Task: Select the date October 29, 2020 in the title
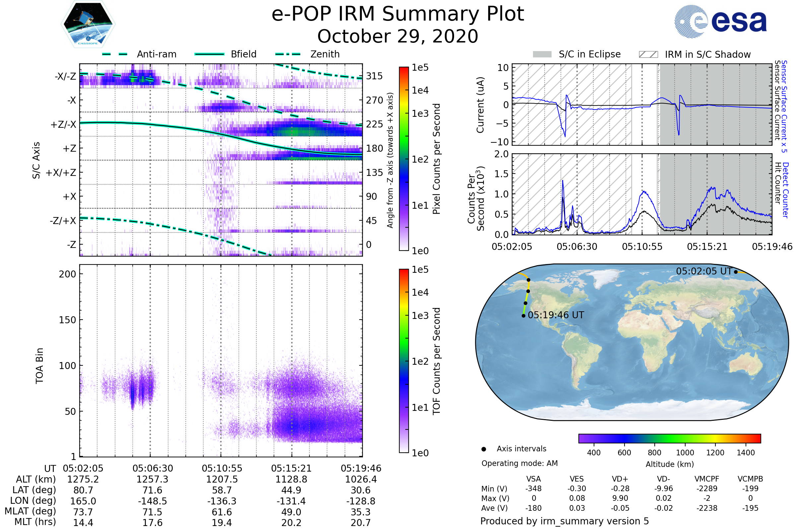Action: pos(398,37)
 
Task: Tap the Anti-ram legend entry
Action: pos(156,54)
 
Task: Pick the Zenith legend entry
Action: pos(325,54)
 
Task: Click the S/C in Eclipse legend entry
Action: pos(589,54)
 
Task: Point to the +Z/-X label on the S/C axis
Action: pos(63,125)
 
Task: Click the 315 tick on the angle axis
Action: pos(374,76)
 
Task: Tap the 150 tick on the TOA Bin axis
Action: pos(67,320)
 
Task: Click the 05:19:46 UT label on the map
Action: pos(556,315)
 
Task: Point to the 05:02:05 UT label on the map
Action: pos(704,271)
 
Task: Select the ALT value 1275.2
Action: pos(83,480)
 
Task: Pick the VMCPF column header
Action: pos(707,479)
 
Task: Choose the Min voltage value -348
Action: pos(533,489)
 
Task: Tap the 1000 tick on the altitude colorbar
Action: pos(685,453)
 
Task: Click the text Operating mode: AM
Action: pos(519,463)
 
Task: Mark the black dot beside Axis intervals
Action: pos(484,449)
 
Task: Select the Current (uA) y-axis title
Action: pos(480,105)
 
